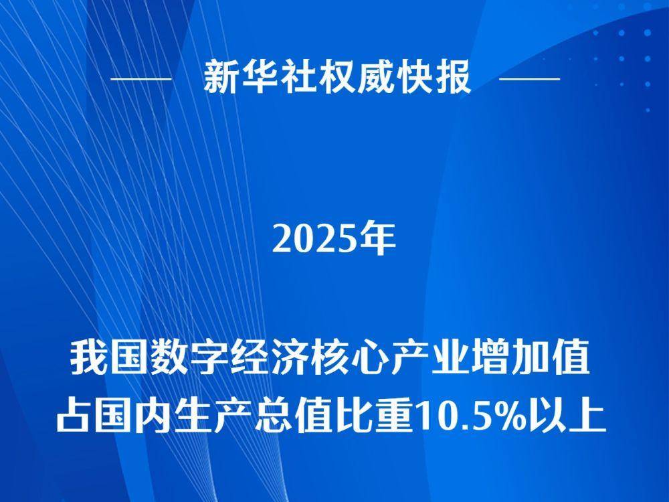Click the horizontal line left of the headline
[140, 79]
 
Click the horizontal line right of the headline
[529, 79]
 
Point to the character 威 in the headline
[374, 77]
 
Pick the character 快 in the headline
[412, 77]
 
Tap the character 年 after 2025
[377, 239]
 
